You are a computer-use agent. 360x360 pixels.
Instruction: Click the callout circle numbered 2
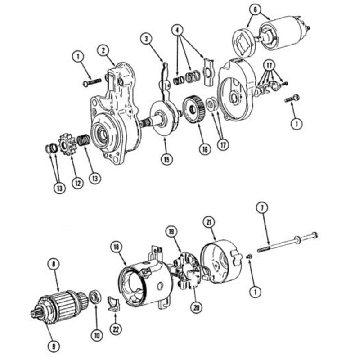(103, 50)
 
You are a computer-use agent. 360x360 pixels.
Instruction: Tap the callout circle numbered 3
(146, 39)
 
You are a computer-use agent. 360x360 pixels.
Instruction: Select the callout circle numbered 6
(255, 9)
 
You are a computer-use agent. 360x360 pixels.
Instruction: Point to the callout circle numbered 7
(262, 208)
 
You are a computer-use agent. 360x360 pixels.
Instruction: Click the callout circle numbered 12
(78, 183)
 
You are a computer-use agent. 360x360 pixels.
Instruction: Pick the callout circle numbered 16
(205, 149)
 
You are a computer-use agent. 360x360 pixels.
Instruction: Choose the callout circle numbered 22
(116, 329)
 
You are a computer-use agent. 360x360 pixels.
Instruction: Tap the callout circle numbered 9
(54, 346)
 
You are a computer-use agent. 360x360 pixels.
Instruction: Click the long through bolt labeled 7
(288, 242)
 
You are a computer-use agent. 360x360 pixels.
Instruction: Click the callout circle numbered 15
(166, 159)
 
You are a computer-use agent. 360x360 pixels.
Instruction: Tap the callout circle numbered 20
(197, 307)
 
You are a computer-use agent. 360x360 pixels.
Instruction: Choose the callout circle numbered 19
(171, 232)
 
